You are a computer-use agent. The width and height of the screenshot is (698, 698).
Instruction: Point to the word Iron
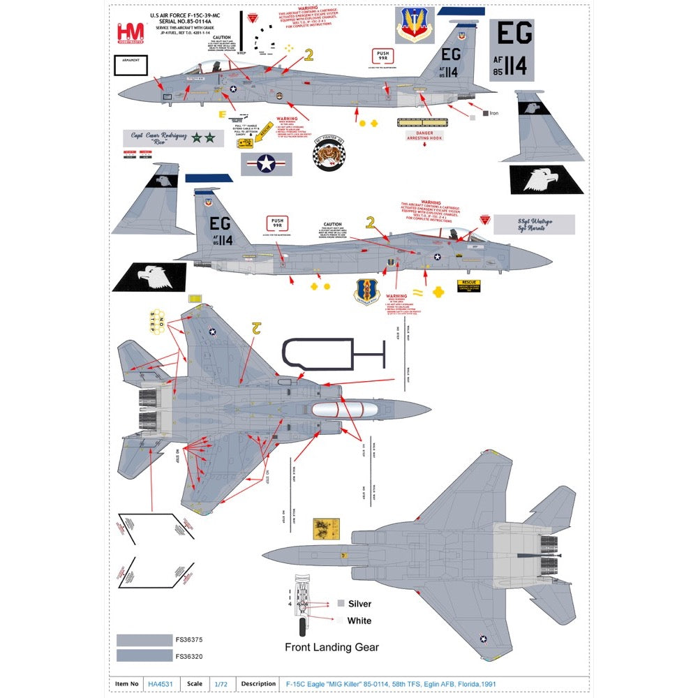[494, 113]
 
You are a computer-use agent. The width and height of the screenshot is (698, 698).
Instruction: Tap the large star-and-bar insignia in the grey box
[267, 164]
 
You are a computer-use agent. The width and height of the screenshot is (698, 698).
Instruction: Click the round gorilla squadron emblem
[327, 152]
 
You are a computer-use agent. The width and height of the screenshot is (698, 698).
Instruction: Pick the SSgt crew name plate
[534, 224]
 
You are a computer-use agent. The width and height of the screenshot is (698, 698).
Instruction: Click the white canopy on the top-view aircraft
[339, 410]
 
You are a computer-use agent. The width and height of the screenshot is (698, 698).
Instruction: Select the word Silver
[359, 604]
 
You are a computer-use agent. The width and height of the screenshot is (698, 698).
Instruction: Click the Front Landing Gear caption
[332, 647]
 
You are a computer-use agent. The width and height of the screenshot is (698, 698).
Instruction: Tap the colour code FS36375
[188, 639]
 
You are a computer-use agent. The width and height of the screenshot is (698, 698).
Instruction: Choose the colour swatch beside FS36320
[144, 655]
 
